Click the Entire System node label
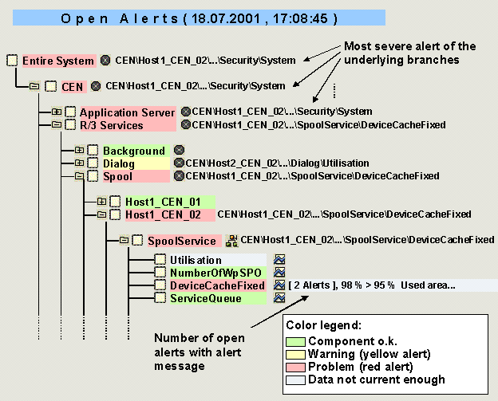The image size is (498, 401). pyautogui.click(x=57, y=60)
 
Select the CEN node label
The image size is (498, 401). pyautogui.click(x=73, y=85)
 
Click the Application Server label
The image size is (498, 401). pyautogui.click(x=127, y=113)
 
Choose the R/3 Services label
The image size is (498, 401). pyautogui.click(x=111, y=125)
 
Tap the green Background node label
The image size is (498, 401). pyautogui.click(x=133, y=151)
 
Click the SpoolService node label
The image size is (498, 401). pyautogui.click(x=181, y=240)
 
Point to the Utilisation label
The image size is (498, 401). pyautogui.click(x=196, y=260)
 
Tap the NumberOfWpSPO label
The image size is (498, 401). pyautogui.click(x=207, y=273)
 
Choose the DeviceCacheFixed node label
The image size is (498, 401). pyautogui.click(x=216, y=285)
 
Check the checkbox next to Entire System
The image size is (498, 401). pyautogui.click(x=12, y=61)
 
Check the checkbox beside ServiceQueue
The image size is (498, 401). pyautogui.click(x=160, y=298)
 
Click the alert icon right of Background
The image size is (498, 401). pyautogui.click(x=180, y=151)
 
